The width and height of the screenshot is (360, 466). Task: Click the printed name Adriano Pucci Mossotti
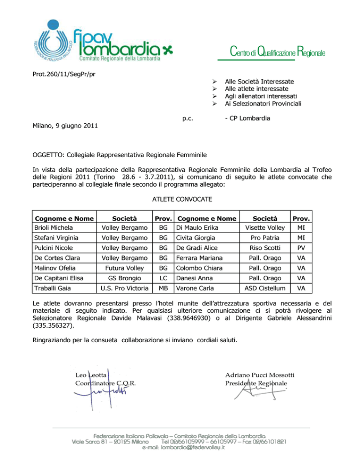click(x=260, y=375)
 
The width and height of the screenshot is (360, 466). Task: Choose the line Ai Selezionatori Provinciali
click(x=263, y=103)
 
